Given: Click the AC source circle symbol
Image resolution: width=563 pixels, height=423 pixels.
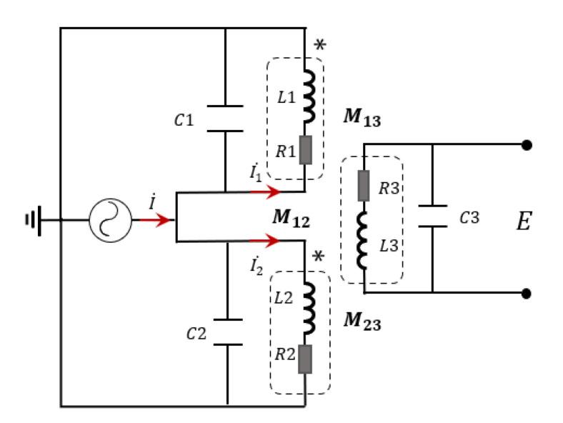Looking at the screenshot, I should (110, 221).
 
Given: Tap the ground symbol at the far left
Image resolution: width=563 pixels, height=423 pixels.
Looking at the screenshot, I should (33, 221).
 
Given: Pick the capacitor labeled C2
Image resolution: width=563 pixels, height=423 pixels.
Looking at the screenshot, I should (226, 332).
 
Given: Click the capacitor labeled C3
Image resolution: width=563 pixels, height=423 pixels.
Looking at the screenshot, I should (432, 217).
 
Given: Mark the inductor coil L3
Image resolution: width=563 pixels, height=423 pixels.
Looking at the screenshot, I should (364, 245).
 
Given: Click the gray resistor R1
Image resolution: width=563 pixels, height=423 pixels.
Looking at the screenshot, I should (306, 149).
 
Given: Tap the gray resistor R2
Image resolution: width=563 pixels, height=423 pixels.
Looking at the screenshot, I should (306, 359).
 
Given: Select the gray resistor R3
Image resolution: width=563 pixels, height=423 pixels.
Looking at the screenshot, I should (364, 186).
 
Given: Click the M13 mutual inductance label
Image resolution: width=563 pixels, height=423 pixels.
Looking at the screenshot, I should (362, 118).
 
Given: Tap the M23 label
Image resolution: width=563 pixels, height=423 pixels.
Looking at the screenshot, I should (362, 322).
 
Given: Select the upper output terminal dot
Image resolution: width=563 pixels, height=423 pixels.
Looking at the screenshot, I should (527, 145).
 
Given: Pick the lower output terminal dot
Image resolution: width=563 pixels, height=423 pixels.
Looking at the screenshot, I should (527, 293).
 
